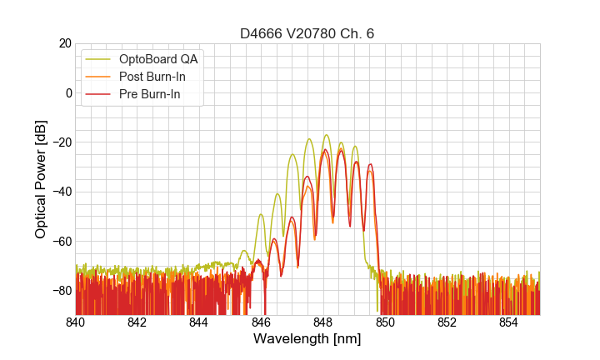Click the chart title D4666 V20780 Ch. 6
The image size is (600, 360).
(307, 33)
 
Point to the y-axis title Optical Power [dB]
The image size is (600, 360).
(41, 179)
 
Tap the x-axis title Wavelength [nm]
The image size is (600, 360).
(307, 340)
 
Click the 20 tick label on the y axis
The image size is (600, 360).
(64, 43)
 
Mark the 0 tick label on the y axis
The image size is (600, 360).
(68, 92)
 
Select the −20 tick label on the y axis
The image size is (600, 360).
(61, 142)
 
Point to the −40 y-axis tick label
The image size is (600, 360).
(61, 192)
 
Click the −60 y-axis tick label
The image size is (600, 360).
(61, 241)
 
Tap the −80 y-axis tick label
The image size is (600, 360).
(61, 291)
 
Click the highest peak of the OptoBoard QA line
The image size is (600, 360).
(326, 135)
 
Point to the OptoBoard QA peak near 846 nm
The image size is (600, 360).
(261, 215)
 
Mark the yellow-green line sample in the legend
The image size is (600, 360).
(98, 59)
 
